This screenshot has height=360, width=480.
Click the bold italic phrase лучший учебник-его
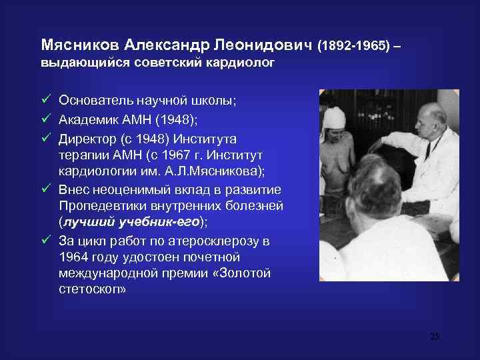(x=131, y=223)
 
